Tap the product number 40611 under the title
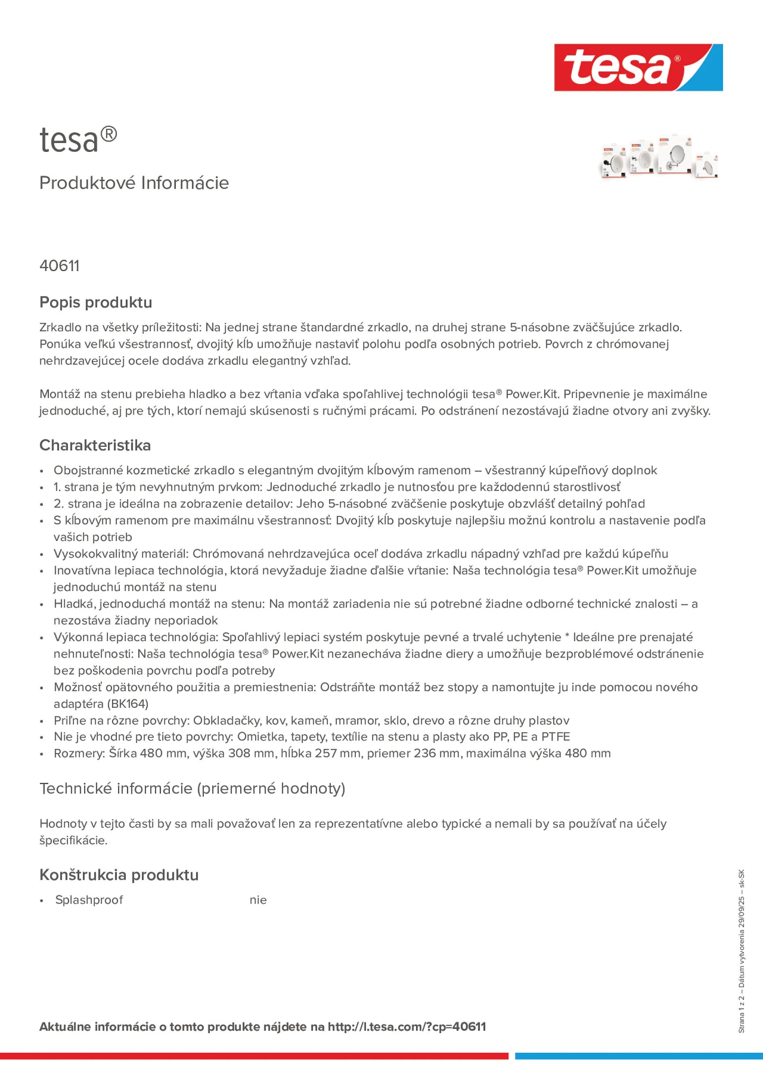(59, 266)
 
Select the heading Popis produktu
(95, 302)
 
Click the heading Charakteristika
(95, 445)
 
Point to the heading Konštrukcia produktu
(119, 875)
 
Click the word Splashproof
(89, 900)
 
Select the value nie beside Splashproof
(258, 900)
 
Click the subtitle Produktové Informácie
(134, 183)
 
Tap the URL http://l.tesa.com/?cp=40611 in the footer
(407, 1026)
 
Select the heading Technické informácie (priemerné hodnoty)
(192, 788)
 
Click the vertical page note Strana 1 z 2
(741, 1014)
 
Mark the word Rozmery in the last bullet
(78, 753)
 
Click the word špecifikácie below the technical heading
(73, 840)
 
